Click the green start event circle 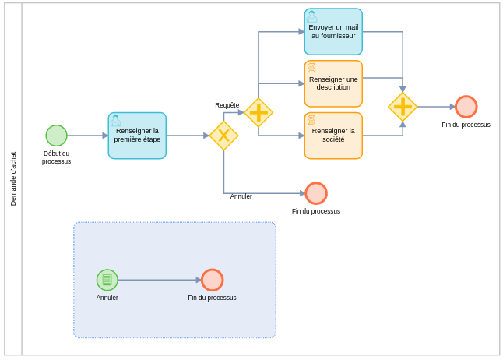coord(56,136)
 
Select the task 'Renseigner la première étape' coord(137,136)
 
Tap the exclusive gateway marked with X coord(223,136)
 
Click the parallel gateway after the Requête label coord(259,112)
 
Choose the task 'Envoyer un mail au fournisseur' coord(333,32)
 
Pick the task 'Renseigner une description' coord(333,83)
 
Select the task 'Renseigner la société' coord(333,136)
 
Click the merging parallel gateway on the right coord(403,107)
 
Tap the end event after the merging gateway coord(466,107)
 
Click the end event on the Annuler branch coord(316,193)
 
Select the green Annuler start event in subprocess coord(107,280)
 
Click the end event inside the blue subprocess coord(212,280)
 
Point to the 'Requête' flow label coord(227,105)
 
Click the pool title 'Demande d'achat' coord(13,178)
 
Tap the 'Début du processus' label coord(56,157)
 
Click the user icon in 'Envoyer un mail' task coord(311,16)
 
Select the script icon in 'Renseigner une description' coord(311,69)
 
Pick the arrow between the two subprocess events coord(160,280)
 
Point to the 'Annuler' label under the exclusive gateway coord(241,196)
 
